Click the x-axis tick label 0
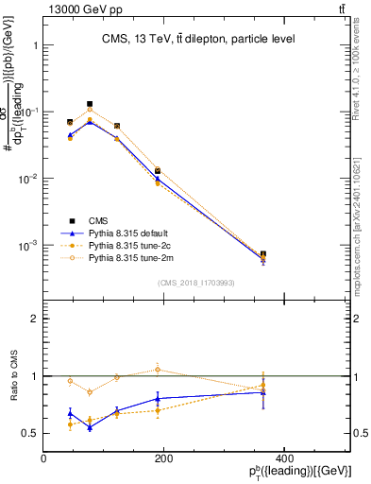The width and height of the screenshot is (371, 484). (x=44, y=459)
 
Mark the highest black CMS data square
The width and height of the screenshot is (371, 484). (x=90, y=104)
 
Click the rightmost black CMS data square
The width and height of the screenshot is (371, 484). (x=343, y=254)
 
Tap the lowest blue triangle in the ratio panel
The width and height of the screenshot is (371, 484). (x=90, y=427)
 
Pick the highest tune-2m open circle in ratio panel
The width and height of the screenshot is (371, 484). (x=158, y=370)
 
